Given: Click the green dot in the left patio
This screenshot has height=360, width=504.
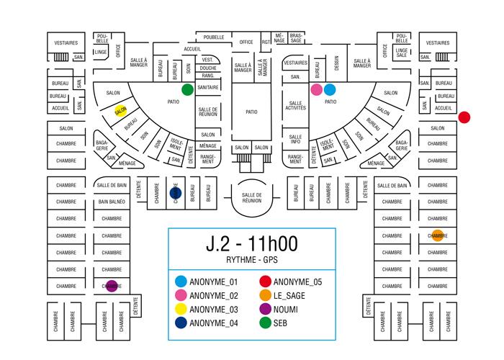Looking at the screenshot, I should [x=187, y=89].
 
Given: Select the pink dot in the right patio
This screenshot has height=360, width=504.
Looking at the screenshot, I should [x=316, y=90].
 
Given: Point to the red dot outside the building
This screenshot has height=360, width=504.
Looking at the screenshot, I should [x=464, y=117].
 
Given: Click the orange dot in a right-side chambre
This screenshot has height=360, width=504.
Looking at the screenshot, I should [x=437, y=235].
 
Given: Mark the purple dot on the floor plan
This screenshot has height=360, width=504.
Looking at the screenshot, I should [x=111, y=285].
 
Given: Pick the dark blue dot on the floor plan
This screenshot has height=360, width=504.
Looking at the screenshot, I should [x=174, y=193].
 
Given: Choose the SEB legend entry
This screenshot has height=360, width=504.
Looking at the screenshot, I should [x=282, y=323].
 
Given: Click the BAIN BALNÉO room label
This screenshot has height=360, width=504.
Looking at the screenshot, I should [x=112, y=202].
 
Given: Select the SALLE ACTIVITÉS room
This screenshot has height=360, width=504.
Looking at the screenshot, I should [x=296, y=107].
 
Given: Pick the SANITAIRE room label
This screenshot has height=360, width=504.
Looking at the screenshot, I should [x=208, y=87].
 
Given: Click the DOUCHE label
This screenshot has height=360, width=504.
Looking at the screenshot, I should [x=208, y=68].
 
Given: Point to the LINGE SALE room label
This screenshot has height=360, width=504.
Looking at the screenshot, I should [x=401, y=52].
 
